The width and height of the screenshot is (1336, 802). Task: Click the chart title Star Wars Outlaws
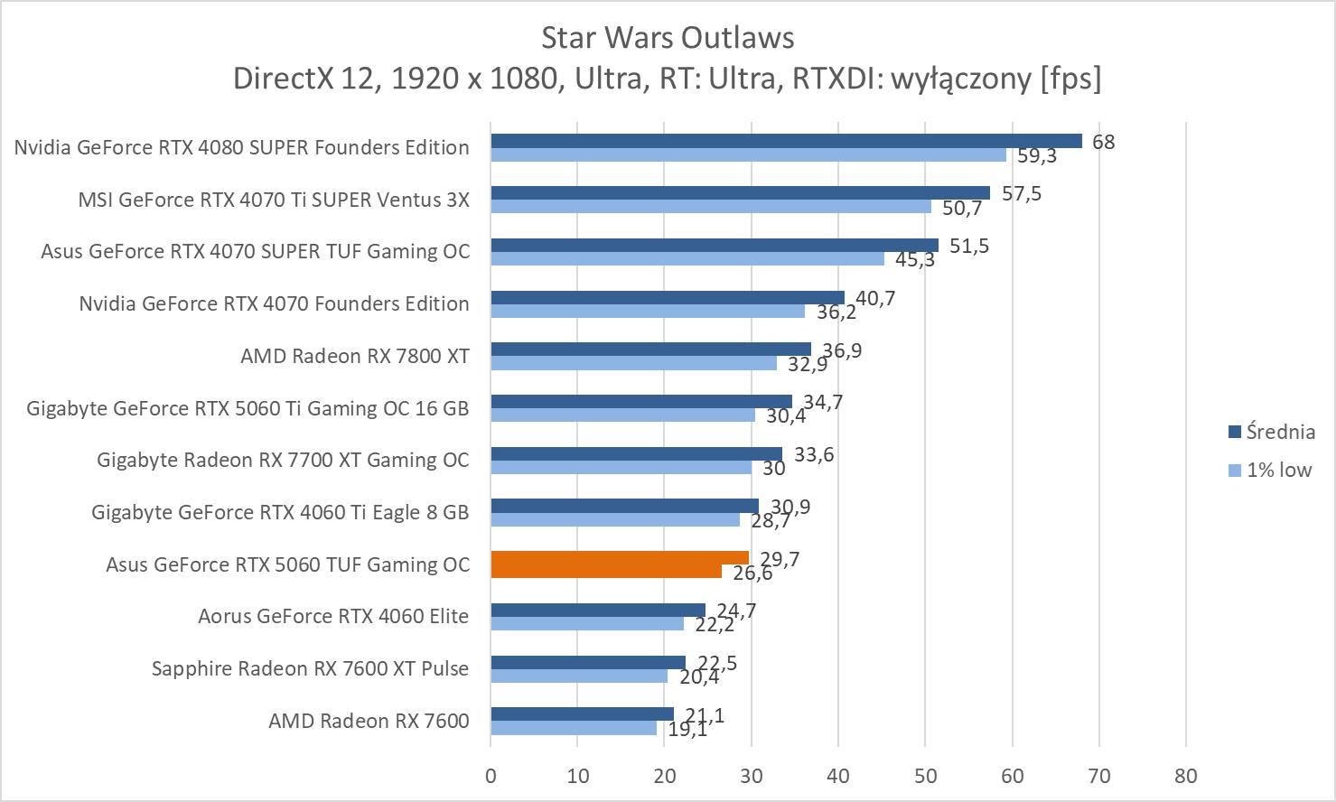(x=668, y=38)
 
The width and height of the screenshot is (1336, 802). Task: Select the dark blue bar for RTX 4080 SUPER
(x=786, y=141)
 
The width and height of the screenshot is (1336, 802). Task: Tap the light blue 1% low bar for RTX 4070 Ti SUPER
(x=711, y=207)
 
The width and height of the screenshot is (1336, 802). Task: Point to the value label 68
(x=1103, y=142)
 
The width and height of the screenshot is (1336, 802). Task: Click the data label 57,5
(x=1021, y=194)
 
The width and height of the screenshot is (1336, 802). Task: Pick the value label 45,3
(x=914, y=260)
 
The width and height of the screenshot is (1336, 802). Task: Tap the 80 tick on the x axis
(x=1185, y=776)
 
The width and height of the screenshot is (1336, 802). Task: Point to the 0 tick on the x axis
(x=490, y=776)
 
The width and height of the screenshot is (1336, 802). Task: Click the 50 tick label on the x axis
(x=925, y=776)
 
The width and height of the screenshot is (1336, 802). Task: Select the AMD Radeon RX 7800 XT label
(x=355, y=356)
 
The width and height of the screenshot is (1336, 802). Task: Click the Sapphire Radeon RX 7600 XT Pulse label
(x=310, y=668)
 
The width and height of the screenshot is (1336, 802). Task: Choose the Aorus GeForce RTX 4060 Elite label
(x=333, y=616)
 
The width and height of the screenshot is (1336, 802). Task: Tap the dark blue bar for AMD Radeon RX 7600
(x=582, y=714)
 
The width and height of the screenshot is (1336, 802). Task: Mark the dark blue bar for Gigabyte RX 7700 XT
(x=636, y=454)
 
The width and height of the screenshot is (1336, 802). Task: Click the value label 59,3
(x=1036, y=156)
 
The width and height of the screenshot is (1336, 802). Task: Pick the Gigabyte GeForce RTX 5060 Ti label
(x=248, y=408)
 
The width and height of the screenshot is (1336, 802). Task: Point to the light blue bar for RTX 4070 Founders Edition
(x=647, y=312)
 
